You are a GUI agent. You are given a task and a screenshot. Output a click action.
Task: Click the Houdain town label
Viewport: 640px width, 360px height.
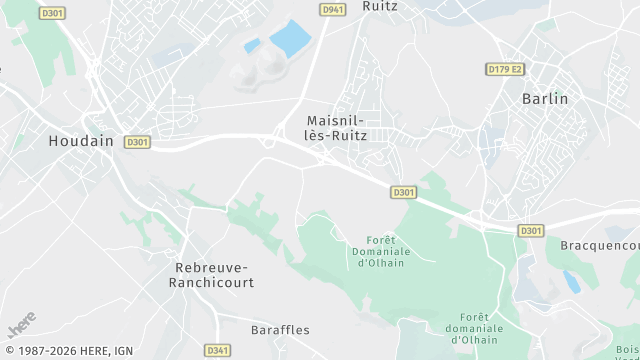click(x=81, y=142)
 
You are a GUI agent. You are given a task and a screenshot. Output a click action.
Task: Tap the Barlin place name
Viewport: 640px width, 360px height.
click(x=545, y=99)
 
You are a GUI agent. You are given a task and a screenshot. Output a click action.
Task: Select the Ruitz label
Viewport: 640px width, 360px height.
click(x=380, y=6)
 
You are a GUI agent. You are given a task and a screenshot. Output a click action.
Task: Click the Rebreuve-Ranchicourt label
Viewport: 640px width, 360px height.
click(x=214, y=275)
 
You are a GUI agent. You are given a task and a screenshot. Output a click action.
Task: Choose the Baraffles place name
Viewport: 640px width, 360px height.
click(x=279, y=329)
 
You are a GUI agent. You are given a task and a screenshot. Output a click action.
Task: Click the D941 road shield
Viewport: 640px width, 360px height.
click(x=332, y=9)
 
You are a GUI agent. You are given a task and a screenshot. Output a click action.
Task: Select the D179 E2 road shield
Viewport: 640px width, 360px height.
click(x=505, y=69)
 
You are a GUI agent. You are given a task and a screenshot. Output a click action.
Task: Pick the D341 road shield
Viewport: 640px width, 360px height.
click(x=217, y=350)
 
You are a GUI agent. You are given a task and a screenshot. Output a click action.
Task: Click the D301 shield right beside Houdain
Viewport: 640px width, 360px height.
click(x=138, y=143)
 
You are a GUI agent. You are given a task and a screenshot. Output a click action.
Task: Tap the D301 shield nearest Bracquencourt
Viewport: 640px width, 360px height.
click(x=531, y=231)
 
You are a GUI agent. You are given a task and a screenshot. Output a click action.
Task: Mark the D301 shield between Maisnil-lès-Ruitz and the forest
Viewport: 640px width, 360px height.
click(x=403, y=191)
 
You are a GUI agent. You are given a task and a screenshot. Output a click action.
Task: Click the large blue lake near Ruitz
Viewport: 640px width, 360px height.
click(x=291, y=38)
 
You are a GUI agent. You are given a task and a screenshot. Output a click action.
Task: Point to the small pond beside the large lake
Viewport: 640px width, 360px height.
click(x=252, y=45)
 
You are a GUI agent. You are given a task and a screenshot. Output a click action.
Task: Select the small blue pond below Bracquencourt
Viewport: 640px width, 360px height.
click(x=571, y=281)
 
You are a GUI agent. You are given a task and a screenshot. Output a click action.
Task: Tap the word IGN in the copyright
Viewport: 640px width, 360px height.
click(x=123, y=351)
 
